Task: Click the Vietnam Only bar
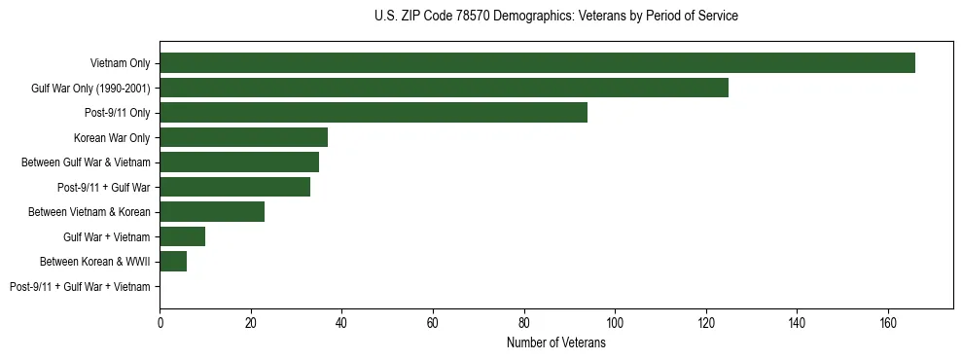coord(537,63)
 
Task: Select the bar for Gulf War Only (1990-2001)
coord(444,88)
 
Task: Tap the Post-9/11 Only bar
coord(374,113)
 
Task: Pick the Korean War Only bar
coord(243,137)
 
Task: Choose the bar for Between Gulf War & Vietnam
coord(239,162)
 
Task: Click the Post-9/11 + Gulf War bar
coord(234,187)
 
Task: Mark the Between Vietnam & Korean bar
coord(212,212)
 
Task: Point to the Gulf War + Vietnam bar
coord(182,236)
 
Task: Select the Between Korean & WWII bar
coord(173,262)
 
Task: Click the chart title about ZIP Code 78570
coord(555,17)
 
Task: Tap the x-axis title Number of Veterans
coord(555,343)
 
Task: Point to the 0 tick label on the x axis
coord(160,323)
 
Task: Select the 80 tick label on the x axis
coord(524,323)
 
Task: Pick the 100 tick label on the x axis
coord(615,323)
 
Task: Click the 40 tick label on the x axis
coord(342,323)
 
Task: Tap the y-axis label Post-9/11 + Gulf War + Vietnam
coord(80,287)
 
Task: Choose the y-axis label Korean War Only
coord(112,138)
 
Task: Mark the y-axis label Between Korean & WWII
coord(94,262)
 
